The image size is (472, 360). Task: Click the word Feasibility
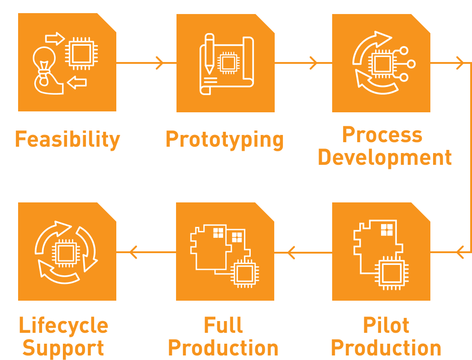pos(67,139)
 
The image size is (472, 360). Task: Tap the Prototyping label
pos(225,139)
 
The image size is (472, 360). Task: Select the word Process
pos(382,134)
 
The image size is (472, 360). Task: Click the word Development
pos(385,157)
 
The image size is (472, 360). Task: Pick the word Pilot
pos(386,325)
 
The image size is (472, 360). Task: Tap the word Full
pos(223,325)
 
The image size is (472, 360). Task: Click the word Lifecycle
pos(64,325)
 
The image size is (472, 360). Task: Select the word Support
pos(63,348)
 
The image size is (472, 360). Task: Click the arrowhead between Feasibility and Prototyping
pos(159,63)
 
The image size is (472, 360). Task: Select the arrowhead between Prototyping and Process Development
pos(314,63)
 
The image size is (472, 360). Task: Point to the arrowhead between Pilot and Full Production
pos(291,252)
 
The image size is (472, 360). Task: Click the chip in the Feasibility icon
pos(81,53)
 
